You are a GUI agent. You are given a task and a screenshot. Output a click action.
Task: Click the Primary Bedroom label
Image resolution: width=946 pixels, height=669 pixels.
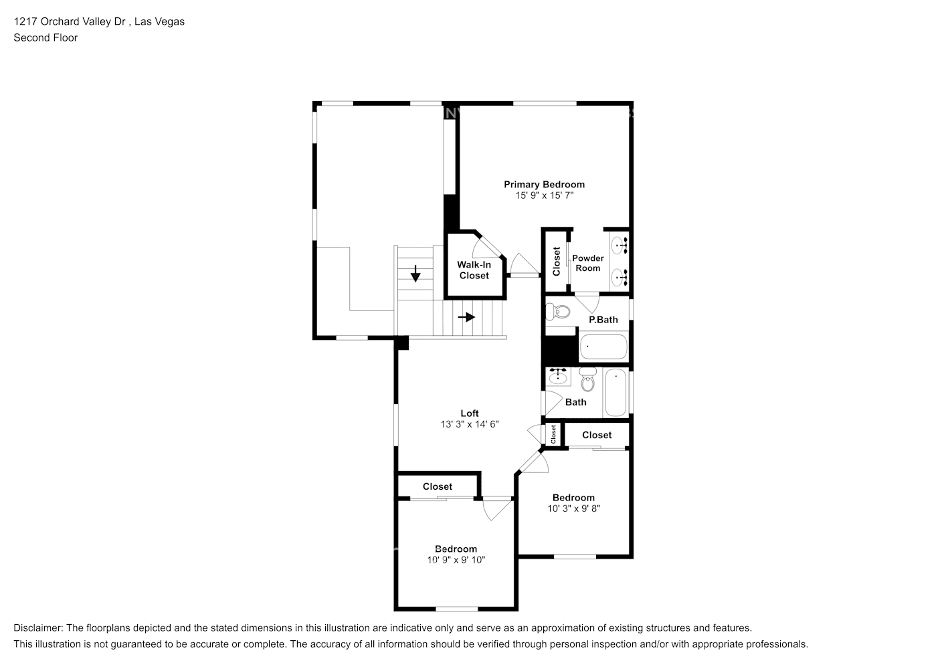pos(544,185)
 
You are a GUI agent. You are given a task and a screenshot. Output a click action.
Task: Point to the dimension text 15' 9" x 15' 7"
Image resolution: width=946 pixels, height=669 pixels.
pos(544,195)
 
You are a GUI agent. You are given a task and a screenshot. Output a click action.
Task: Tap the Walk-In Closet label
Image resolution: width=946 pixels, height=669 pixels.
pos(474,270)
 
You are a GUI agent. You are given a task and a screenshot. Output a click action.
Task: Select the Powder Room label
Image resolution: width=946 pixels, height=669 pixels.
pos(588,263)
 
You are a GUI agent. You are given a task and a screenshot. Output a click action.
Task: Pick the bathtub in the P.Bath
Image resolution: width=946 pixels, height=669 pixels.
pos(603,347)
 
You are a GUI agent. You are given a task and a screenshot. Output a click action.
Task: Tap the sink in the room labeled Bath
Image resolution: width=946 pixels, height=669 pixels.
pos(557,377)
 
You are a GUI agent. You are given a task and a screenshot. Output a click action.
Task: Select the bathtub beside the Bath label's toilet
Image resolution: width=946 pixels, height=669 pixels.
pos(615,393)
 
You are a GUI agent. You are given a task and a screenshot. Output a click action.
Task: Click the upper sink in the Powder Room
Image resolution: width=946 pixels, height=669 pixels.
pos(620,245)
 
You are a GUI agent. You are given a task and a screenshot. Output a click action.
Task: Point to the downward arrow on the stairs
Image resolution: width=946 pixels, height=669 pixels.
pos(415,273)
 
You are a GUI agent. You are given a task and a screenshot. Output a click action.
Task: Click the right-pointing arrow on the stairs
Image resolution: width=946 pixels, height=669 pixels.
pos(466,317)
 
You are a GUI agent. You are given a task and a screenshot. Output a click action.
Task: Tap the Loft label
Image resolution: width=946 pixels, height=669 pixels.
pos(469,413)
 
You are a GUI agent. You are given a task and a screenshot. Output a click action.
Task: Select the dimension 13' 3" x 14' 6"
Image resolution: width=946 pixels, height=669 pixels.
pos(469,424)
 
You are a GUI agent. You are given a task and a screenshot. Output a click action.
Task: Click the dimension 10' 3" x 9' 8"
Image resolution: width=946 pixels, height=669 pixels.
pos(573,508)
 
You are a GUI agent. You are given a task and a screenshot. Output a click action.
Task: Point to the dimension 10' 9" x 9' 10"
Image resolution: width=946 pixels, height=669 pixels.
pos(456,560)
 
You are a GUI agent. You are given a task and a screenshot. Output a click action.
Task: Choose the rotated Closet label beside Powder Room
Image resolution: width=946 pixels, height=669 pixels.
pos(557,262)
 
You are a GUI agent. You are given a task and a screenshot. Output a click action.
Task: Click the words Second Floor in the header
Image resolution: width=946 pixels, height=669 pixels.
pos(45,37)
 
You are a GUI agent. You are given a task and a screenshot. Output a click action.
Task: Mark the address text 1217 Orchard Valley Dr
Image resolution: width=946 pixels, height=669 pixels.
pos(70,21)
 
